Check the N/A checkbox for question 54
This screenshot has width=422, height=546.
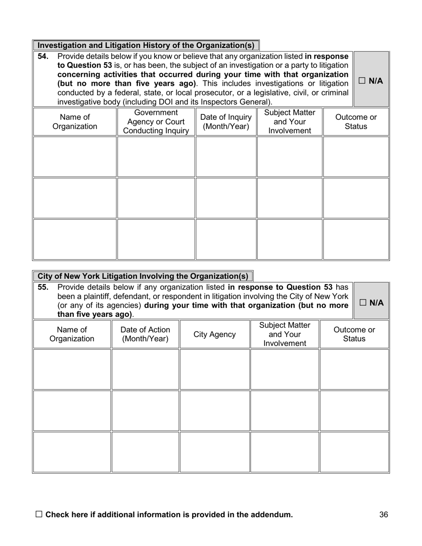(362, 81)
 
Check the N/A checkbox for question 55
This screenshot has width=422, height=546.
(363, 303)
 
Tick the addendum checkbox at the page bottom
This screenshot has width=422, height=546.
(39, 514)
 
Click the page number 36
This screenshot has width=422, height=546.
(384, 514)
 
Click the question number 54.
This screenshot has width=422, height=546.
(43, 56)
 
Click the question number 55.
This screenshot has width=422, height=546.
(43, 287)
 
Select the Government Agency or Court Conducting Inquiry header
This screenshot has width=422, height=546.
(156, 122)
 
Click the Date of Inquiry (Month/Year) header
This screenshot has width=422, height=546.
(226, 122)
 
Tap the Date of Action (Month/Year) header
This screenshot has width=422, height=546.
(145, 334)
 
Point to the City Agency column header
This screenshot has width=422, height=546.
(215, 334)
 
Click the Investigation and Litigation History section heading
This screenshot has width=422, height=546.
(146, 45)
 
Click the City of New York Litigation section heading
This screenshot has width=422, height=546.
(143, 276)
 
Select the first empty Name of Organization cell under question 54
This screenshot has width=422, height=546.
(75, 157)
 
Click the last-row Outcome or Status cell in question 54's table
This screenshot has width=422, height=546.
(356, 239)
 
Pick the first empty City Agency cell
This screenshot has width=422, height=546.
(215, 369)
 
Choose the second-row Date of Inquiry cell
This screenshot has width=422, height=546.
(226, 198)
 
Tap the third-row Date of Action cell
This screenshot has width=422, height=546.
(145, 452)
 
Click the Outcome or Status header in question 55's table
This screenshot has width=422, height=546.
(354, 334)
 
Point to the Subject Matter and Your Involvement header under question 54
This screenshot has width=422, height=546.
(290, 122)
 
